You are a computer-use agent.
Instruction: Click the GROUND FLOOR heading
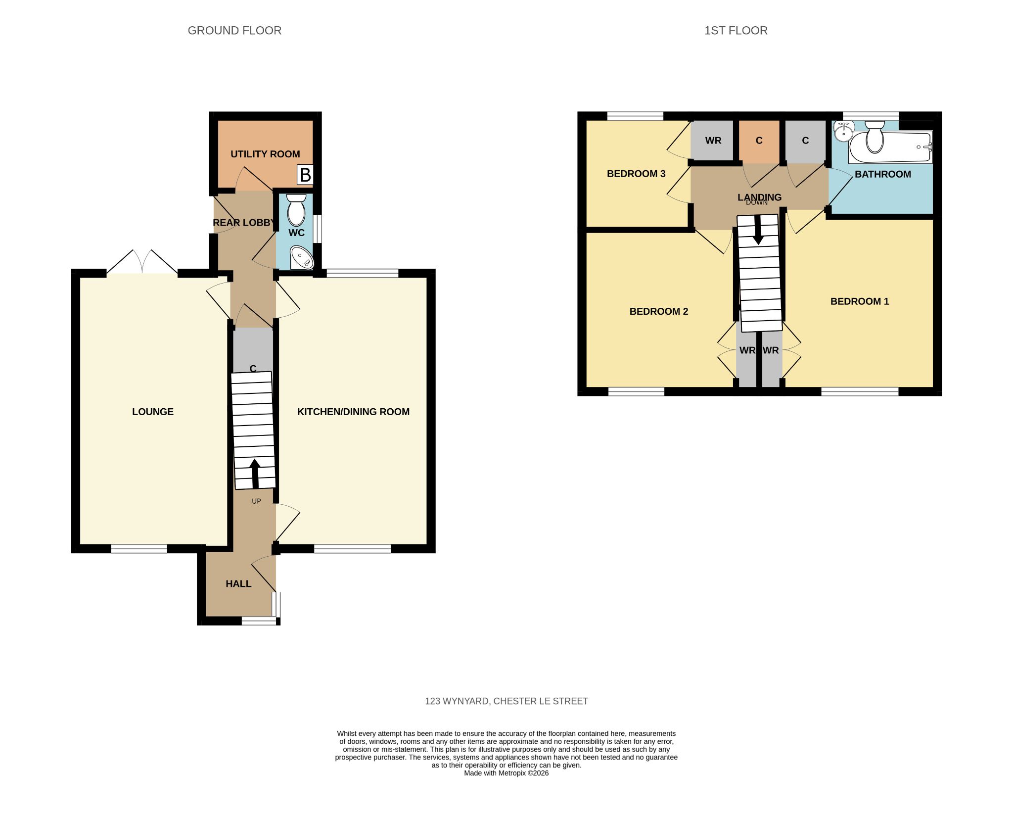[x=234, y=31]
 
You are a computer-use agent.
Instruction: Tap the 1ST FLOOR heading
[x=736, y=31]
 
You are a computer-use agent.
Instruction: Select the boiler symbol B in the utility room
[x=305, y=175]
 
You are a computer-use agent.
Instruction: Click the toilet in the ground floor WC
[x=296, y=209]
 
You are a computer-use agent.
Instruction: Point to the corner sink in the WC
[x=302, y=257]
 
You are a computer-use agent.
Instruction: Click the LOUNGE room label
[x=153, y=412]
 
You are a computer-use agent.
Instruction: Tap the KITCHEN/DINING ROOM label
[x=353, y=412]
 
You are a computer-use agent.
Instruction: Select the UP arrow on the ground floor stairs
[x=255, y=474]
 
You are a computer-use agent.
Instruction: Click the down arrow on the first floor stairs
[x=758, y=231]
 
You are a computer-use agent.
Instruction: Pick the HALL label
[x=238, y=584]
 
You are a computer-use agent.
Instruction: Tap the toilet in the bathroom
[x=875, y=137]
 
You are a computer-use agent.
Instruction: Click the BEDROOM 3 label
[x=636, y=174]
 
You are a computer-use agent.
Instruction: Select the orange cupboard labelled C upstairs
[x=759, y=141]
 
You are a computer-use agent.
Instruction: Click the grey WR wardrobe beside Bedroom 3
[x=713, y=141]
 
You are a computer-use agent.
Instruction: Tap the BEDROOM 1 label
[x=860, y=301]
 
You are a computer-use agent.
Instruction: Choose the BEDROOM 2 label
[x=659, y=311]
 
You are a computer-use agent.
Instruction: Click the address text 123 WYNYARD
[x=458, y=701]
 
